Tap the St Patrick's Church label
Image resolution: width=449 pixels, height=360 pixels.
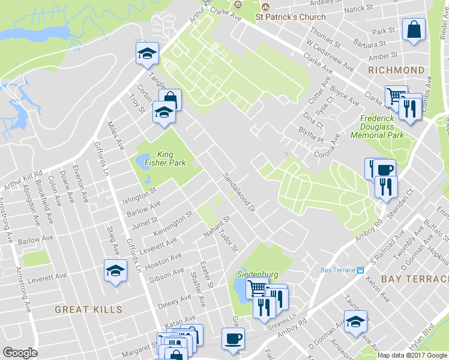point(291,17)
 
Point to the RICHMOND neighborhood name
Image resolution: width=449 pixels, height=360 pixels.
point(397,70)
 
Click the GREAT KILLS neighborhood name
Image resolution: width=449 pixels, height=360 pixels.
point(88,310)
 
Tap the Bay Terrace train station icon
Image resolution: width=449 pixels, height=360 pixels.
point(360,270)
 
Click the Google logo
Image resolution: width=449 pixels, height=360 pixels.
point(20,352)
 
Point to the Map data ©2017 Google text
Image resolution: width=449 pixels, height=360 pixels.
point(412,355)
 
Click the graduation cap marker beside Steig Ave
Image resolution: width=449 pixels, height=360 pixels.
point(115,271)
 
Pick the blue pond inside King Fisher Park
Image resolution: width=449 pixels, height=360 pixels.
point(143,161)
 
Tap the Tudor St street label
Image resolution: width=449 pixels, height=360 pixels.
point(229,240)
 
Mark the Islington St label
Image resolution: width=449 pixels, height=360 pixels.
point(139,195)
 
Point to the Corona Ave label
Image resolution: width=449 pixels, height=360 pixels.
point(327,146)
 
